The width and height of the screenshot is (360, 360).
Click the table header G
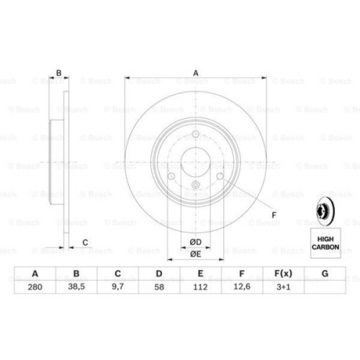[x=325, y=273]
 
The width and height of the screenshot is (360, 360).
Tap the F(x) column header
[x=284, y=273]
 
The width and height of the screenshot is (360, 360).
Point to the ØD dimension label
[x=196, y=241]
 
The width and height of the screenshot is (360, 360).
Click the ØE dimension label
[x=196, y=254]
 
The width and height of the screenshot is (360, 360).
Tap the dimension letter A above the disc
[x=195, y=72]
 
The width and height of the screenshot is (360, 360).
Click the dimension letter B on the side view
[x=60, y=72]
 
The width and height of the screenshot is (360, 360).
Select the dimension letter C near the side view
[x=85, y=242]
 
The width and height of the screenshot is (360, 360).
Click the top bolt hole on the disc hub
[x=196, y=135]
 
